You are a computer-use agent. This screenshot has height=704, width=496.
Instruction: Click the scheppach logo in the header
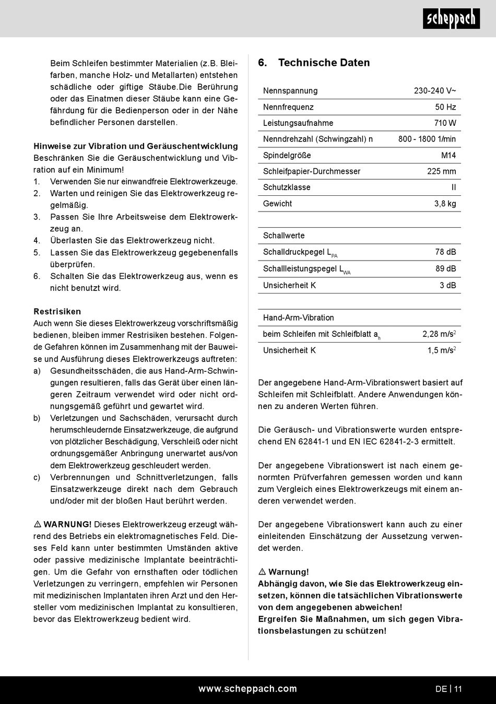click(451, 19)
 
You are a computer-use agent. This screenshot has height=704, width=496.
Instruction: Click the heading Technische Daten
click(324, 63)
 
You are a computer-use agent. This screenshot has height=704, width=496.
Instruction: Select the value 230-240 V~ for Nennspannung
click(435, 91)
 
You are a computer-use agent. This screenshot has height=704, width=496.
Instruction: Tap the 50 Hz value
click(445, 107)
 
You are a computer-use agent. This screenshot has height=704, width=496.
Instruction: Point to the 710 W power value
click(445, 123)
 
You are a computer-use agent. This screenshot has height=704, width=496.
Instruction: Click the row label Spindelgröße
click(287, 156)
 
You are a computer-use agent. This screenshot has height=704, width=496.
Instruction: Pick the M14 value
click(448, 156)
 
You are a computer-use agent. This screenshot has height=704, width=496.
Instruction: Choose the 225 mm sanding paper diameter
click(441, 171)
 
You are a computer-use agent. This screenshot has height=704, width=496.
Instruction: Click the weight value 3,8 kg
click(445, 204)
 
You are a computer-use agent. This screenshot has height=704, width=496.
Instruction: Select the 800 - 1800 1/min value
click(427, 139)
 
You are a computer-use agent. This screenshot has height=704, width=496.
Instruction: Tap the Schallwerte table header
click(284, 236)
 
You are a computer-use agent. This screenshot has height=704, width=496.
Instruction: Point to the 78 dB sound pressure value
click(445, 252)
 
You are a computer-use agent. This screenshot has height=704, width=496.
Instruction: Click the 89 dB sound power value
click(445, 268)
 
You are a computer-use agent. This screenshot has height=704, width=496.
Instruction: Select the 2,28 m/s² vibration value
click(439, 334)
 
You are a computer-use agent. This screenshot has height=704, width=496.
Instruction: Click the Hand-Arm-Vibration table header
click(299, 318)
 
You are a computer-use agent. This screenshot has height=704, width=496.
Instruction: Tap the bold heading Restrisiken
click(57, 312)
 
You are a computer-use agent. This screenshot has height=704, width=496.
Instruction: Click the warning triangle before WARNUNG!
click(38, 524)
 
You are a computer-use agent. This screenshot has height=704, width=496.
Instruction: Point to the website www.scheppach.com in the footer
click(247, 689)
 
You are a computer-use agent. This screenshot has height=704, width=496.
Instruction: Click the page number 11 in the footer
click(458, 689)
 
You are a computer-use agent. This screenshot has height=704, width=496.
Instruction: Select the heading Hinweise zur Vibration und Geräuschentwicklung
click(136, 146)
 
